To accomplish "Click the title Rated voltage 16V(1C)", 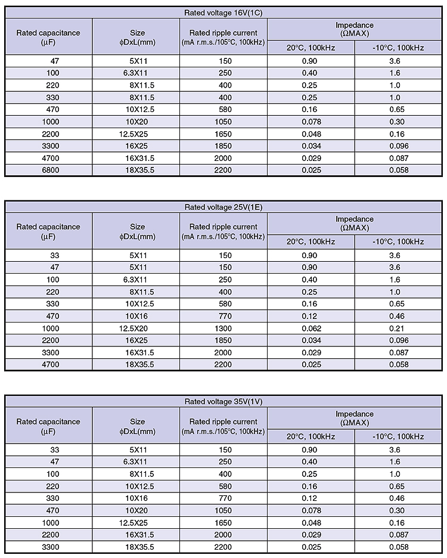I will (x=223, y=13).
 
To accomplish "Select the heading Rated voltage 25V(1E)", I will (x=223, y=207).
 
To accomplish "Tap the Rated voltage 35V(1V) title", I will (x=223, y=402).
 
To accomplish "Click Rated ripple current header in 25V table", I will (x=223, y=231).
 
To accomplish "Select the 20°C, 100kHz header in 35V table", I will (x=311, y=436).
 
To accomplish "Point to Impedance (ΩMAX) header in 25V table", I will (x=355, y=223).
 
